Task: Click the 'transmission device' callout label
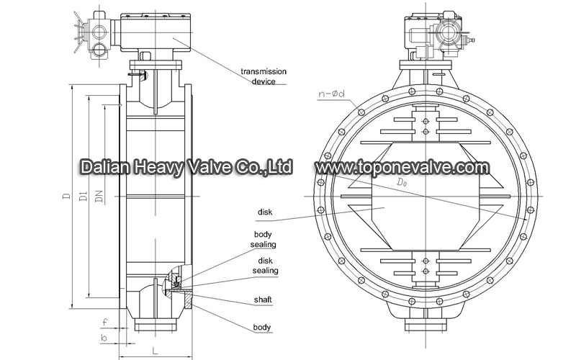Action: click(x=264, y=76)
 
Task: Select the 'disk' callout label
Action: click(x=265, y=212)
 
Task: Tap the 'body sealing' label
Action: click(x=263, y=239)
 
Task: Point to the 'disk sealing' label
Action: click(x=265, y=266)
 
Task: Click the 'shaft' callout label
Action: click(x=263, y=300)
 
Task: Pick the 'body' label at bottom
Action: click(x=262, y=328)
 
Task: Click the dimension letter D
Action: click(x=66, y=195)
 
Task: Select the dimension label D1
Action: click(x=84, y=195)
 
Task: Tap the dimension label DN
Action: click(x=99, y=196)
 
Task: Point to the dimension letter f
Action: click(x=105, y=322)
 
